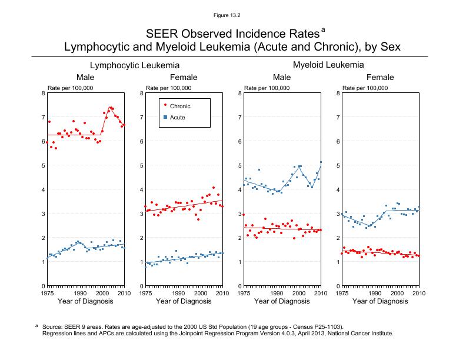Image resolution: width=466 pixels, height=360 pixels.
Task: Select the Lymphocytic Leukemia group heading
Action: pyautogui.click(x=135, y=65)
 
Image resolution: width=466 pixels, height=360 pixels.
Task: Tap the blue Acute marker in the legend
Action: pyautogui.click(x=165, y=118)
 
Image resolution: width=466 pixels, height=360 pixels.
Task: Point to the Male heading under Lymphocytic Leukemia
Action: pyautogui.click(x=85, y=78)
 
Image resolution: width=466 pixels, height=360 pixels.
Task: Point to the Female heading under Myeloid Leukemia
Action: pyautogui.click(x=381, y=78)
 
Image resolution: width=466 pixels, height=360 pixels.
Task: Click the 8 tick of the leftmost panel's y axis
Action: pyautogui.click(x=41, y=93)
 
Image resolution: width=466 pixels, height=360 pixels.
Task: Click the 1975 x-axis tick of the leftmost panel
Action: pyautogui.click(x=47, y=292)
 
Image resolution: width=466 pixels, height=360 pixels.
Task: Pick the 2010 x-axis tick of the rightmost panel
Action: pyautogui.click(x=419, y=292)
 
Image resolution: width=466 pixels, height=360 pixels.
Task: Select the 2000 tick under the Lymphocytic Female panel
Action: pyautogui.click(x=200, y=292)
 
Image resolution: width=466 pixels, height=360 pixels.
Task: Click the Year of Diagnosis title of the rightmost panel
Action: pyautogui.click(x=380, y=302)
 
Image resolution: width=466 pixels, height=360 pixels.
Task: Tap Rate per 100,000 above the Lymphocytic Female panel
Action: pyautogui.click(x=168, y=88)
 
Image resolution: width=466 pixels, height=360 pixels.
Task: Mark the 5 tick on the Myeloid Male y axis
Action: pyautogui.click(x=238, y=165)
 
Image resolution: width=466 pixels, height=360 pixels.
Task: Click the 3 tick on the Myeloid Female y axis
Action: pyautogui.click(x=336, y=214)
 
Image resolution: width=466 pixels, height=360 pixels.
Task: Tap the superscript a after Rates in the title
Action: pyautogui.click(x=323, y=28)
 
